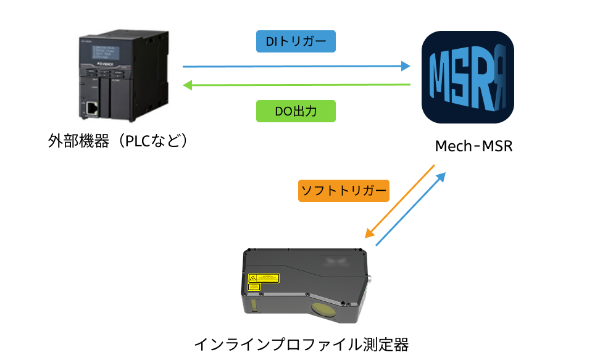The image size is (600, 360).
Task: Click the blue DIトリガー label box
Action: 296,41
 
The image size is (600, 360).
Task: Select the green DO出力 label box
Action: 296,111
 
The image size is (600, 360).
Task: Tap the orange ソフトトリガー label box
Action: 343,190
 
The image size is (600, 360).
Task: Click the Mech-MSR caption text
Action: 474,147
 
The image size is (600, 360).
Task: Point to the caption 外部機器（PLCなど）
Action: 117,140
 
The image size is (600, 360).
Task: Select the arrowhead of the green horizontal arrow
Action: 187,85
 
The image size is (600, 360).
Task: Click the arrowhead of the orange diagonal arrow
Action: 369,233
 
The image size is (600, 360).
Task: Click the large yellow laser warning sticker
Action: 264,278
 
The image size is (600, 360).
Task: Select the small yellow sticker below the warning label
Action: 253,287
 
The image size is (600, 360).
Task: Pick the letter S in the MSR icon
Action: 469,78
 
